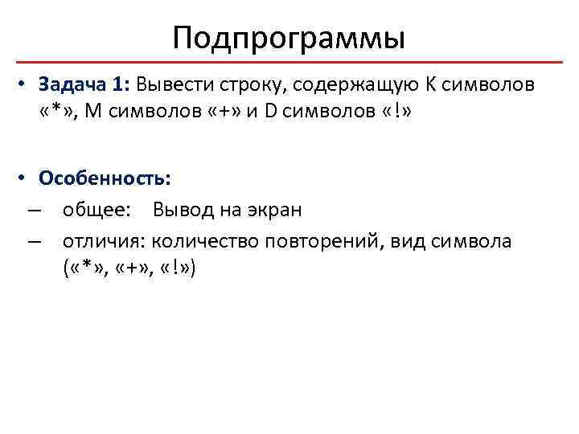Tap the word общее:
[x=99, y=211]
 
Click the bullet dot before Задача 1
[x=25, y=85]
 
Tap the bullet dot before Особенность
[x=25, y=177]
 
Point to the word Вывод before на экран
[x=180, y=211]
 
